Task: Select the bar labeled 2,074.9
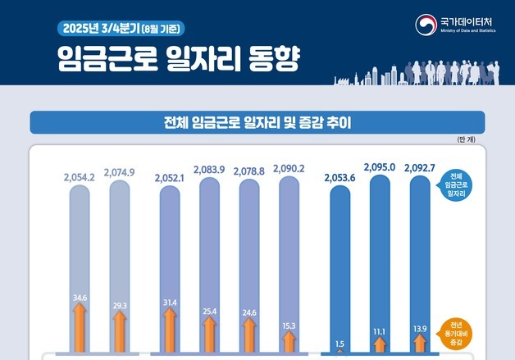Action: pos(120,246)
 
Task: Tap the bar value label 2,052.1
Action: pos(170,177)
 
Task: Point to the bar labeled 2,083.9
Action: pos(209,246)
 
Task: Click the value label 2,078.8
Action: pos(250,170)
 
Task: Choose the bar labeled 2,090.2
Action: pos(289,246)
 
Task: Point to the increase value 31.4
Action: pos(170,303)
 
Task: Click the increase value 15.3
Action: pos(289,326)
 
